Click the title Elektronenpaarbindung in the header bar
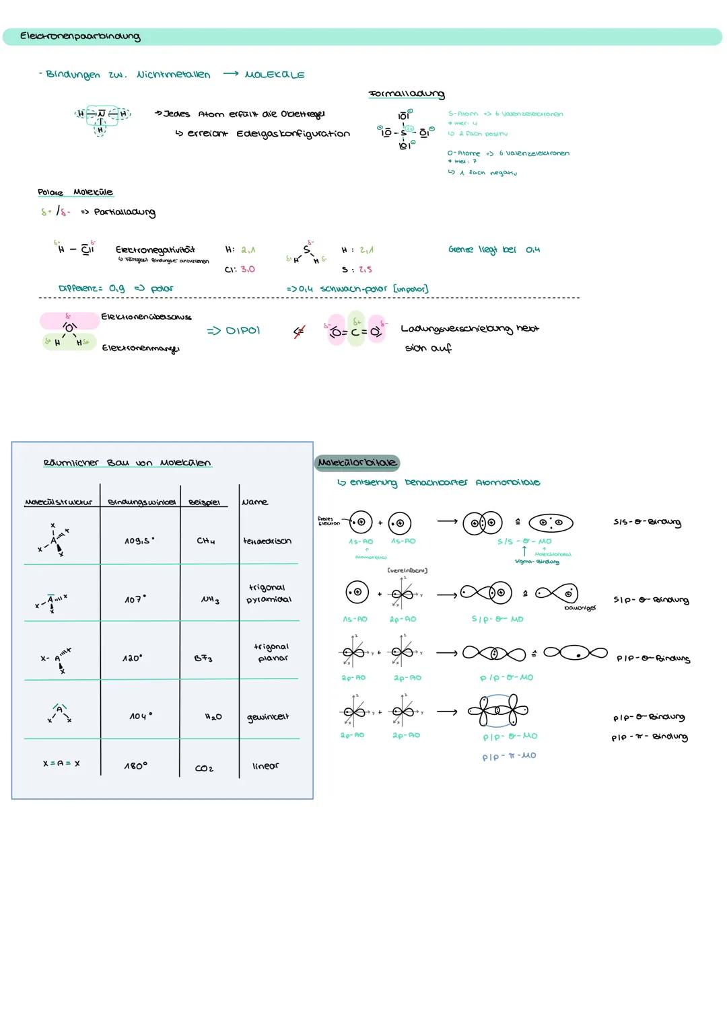pyautogui.click(x=80, y=36)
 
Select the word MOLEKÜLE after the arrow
pyautogui.click(x=274, y=75)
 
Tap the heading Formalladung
pyautogui.click(x=407, y=94)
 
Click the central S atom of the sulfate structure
pyautogui.click(x=404, y=131)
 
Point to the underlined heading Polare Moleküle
pyautogui.click(x=75, y=192)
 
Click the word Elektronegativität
pyautogui.click(x=155, y=250)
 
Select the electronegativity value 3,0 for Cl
pyautogui.click(x=247, y=269)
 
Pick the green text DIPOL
pyautogui.click(x=234, y=331)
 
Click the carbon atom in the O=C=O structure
pyautogui.click(x=355, y=331)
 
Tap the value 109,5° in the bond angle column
pyautogui.click(x=139, y=541)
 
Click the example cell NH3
pyautogui.click(x=210, y=600)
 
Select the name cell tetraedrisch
pyautogui.click(x=267, y=541)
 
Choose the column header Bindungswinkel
pyautogui.click(x=141, y=502)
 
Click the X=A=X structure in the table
pyautogui.click(x=61, y=763)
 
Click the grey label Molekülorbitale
pyautogui.click(x=357, y=463)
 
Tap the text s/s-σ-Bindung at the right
pyautogui.click(x=647, y=523)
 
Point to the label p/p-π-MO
pyautogui.click(x=509, y=756)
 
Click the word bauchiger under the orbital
pyautogui.click(x=580, y=608)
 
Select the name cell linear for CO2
pyautogui.click(x=265, y=766)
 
